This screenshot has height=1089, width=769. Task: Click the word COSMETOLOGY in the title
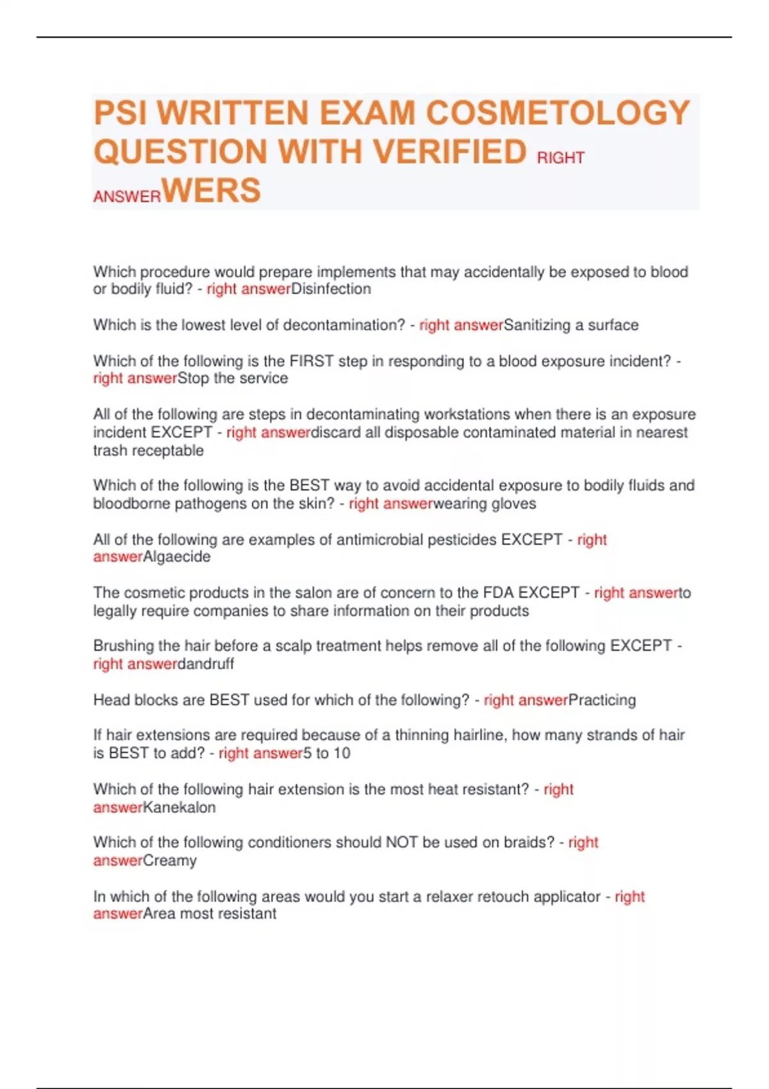coord(558,113)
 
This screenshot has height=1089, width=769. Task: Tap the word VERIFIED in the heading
coord(450,152)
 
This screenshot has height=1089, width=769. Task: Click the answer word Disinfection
coord(331,289)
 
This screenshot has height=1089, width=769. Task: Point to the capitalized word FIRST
coord(311,361)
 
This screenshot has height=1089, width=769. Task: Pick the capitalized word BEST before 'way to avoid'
coord(310,486)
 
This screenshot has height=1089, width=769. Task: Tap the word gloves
coord(514,504)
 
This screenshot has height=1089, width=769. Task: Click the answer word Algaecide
coord(176,557)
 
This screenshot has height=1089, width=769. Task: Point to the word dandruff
coord(206,664)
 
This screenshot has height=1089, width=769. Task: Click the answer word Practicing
coord(602,700)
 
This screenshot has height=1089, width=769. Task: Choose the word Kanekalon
coord(179,807)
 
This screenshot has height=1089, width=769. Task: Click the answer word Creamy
coord(169,860)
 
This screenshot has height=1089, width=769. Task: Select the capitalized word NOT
coord(401,842)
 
